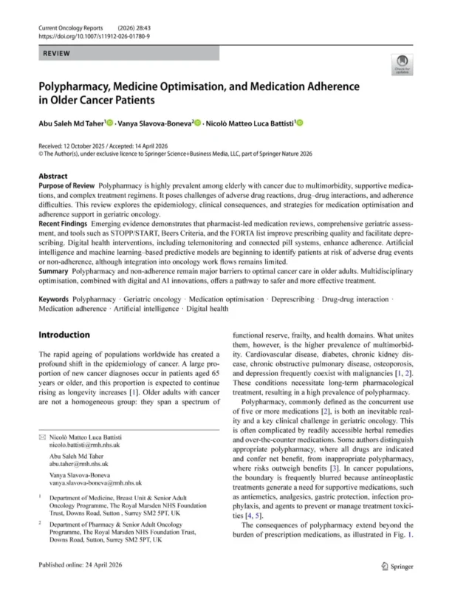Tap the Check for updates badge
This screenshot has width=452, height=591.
pyautogui.click(x=402, y=64)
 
